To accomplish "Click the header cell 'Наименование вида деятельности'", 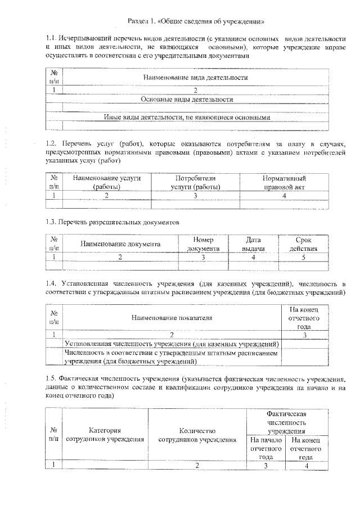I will [x=195, y=78].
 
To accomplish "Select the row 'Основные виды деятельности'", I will [x=195, y=99].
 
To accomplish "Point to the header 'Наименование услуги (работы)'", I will [x=107, y=182].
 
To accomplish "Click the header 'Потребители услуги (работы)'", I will [x=195, y=182].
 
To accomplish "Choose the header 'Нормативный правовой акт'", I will [x=284, y=182].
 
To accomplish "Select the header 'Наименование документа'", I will [x=120, y=244].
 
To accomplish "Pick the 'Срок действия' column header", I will [x=303, y=244].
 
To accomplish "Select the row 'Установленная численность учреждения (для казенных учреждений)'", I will [x=172, y=343].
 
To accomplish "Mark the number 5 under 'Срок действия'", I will [x=303, y=257].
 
